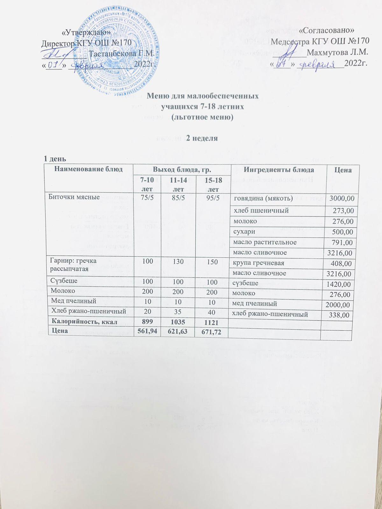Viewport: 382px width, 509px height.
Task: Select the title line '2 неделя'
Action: [202, 138]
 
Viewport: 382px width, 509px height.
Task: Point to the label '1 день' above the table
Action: [55, 158]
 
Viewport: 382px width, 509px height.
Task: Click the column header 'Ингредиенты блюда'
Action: [279, 170]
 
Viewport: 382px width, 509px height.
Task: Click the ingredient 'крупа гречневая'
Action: [259, 263]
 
